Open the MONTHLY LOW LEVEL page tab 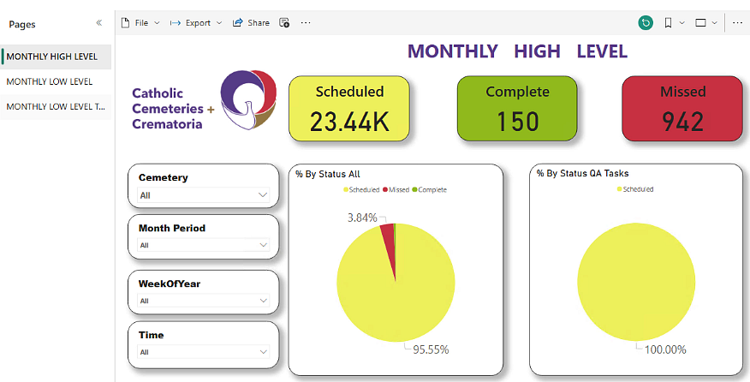(x=50, y=81)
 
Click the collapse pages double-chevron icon (x=99, y=23)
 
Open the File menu (x=140, y=23)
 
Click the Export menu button (x=196, y=23)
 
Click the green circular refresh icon (x=646, y=23)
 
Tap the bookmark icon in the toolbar (x=669, y=23)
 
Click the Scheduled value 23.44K (x=349, y=122)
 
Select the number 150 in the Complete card (x=517, y=122)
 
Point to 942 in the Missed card (x=682, y=122)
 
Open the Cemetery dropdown (x=204, y=195)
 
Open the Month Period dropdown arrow (x=263, y=245)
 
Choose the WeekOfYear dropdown (x=204, y=301)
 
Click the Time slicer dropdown (x=204, y=351)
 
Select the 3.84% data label (x=362, y=218)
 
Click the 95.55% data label (x=432, y=349)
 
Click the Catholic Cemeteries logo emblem (x=248, y=100)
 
